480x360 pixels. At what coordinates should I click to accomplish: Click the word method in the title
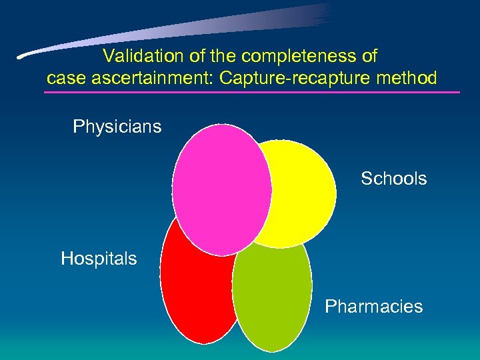[409, 79]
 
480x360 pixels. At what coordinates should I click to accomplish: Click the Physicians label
[117, 127]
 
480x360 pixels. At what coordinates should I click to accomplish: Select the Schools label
[393, 179]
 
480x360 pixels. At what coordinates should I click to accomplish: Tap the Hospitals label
[99, 259]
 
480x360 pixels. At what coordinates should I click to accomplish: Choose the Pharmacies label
[373, 307]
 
